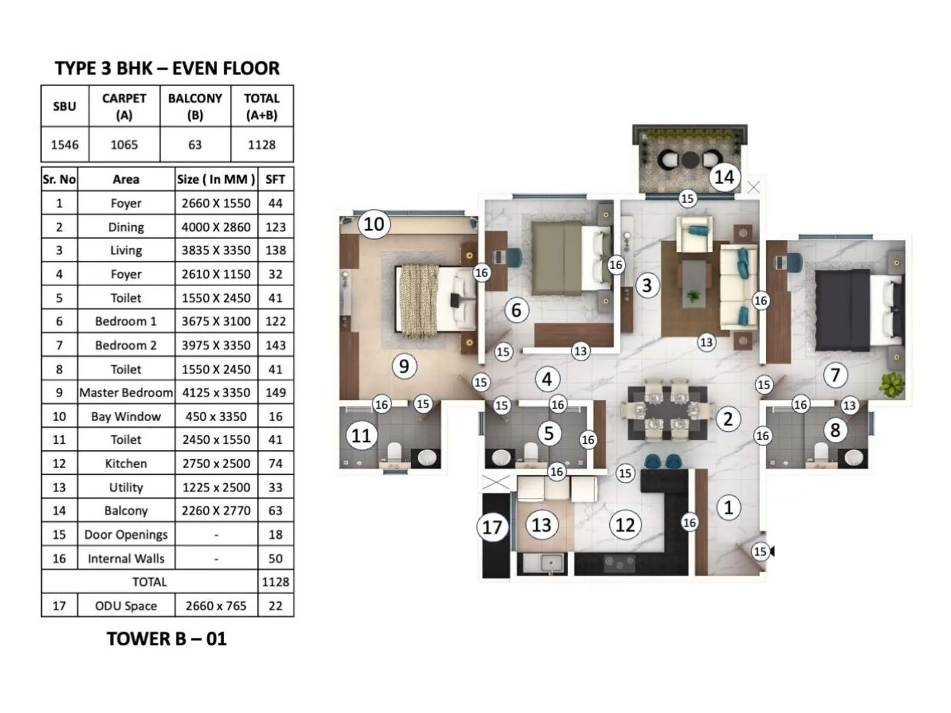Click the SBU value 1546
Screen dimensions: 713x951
click(x=65, y=144)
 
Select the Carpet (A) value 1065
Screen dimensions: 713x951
click(x=124, y=144)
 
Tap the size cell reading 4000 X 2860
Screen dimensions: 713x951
click(x=216, y=227)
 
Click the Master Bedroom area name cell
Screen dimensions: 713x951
click(x=126, y=392)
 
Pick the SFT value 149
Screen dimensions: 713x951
click(x=275, y=392)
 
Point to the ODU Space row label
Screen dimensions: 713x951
click(x=126, y=605)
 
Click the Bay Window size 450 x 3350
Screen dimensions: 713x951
click(x=216, y=416)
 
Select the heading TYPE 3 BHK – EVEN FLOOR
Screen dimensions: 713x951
click(x=167, y=68)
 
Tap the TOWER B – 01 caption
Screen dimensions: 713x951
click(x=167, y=639)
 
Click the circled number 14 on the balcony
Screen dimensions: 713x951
click(x=724, y=176)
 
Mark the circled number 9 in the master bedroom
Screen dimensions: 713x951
click(x=404, y=365)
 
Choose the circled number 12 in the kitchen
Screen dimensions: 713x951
click(x=625, y=525)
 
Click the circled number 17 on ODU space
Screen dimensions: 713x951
click(x=492, y=526)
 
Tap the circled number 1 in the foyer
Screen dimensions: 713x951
click(x=728, y=507)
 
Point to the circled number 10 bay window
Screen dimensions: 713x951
click(x=374, y=224)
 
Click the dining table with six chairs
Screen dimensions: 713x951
click(x=667, y=411)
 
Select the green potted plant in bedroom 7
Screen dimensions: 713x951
click(x=891, y=385)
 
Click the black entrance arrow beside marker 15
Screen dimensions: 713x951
click(x=772, y=551)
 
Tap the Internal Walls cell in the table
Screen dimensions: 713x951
click(x=126, y=558)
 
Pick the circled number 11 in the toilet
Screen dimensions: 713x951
click(x=361, y=436)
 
